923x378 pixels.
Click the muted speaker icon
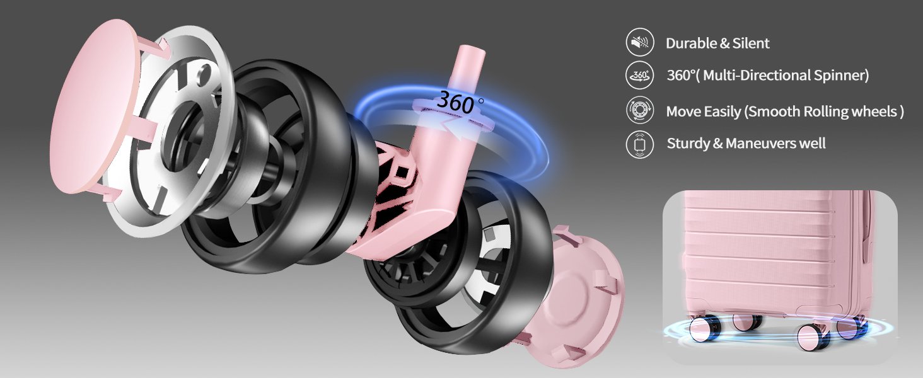tap(640, 42)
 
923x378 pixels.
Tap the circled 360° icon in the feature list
tap(640, 75)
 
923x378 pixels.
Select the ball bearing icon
tap(640, 110)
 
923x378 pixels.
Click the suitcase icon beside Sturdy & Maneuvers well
tap(640, 144)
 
